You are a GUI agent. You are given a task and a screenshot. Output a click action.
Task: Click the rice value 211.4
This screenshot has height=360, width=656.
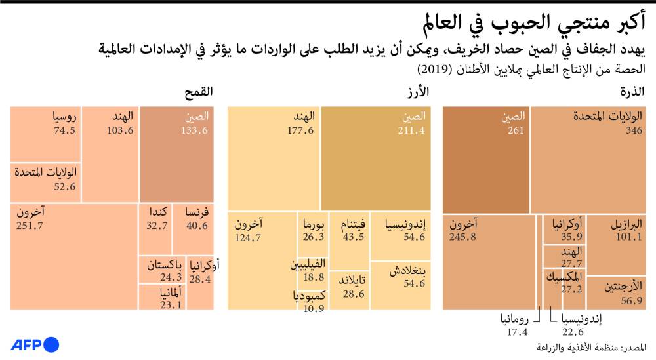[412, 131]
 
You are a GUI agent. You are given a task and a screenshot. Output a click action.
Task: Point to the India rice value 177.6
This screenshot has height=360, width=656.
[301, 131]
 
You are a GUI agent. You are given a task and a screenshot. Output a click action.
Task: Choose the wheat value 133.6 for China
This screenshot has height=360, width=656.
[194, 130]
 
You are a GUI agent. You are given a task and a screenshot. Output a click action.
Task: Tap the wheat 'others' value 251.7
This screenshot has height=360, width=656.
[30, 226]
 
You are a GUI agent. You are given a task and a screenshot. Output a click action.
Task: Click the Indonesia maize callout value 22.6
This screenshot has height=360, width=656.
[572, 332]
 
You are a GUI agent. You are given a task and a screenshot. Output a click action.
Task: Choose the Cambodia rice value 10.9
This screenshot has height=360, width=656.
[312, 309]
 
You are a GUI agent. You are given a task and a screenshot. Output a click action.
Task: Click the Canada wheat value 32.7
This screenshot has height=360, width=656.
[156, 226]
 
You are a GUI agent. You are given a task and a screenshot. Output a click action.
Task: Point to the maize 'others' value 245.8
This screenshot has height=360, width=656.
[464, 237]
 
